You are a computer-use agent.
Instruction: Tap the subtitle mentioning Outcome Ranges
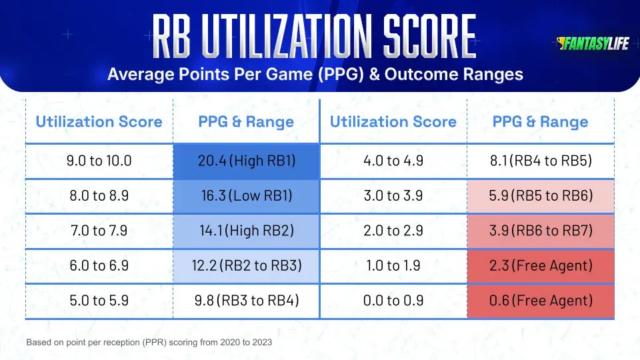pyautogui.click(x=315, y=74)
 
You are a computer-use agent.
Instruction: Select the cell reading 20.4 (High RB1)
pyautogui.click(x=246, y=161)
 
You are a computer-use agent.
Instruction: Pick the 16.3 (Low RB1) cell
pyautogui.click(x=246, y=196)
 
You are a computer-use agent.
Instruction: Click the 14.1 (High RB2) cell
pyautogui.click(x=246, y=231)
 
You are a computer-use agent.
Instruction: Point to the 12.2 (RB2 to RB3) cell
pyautogui.click(x=246, y=266)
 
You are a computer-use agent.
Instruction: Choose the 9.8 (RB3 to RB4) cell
pyautogui.click(x=246, y=301)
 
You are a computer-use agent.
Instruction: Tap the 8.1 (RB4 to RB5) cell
pyautogui.click(x=540, y=161)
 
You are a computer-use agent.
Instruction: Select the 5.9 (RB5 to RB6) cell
pyautogui.click(x=540, y=196)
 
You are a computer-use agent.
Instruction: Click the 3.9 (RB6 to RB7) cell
pyautogui.click(x=540, y=231)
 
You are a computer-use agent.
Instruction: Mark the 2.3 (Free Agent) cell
pyautogui.click(x=540, y=266)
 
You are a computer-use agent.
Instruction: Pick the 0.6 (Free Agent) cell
pyautogui.click(x=540, y=301)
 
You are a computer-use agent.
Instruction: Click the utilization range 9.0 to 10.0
pyautogui.click(x=99, y=161)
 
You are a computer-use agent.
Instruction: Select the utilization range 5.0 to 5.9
pyautogui.click(x=99, y=301)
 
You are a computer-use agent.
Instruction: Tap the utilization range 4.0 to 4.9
pyautogui.click(x=393, y=161)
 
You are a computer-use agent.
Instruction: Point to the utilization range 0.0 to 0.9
pyautogui.click(x=393, y=301)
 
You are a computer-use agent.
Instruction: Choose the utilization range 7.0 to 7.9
pyautogui.click(x=99, y=231)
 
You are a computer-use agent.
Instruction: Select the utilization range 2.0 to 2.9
pyautogui.click(x=393, y=231)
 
